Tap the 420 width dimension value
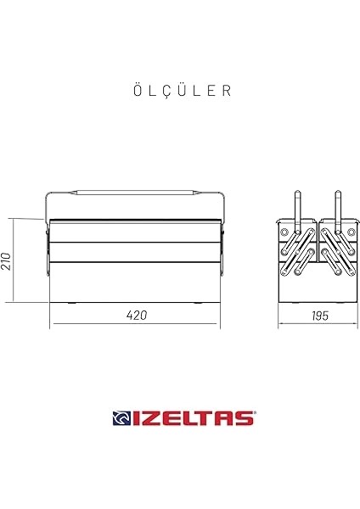pos(137,315)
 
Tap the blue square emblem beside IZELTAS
pos(121,417)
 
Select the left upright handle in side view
pos(297,208)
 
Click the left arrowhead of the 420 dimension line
pos(52,323)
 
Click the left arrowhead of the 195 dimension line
pos(280,323)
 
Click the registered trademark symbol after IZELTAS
pos(253,412)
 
